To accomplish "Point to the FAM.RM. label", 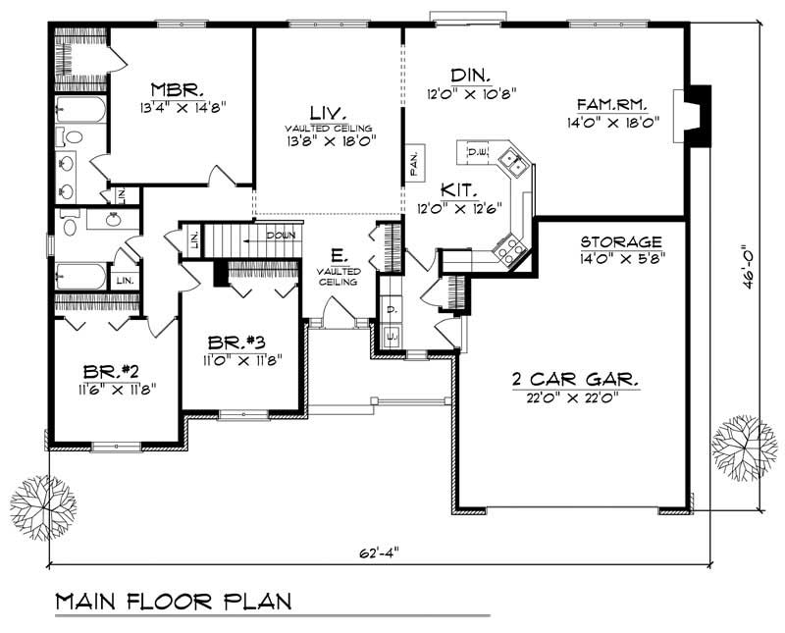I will tap(614, 101).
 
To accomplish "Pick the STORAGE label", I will tap(620, 241).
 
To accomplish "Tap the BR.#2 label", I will tap(103, 372).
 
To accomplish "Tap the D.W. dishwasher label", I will tap(478, 152).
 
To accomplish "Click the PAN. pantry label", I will tap(414, 163).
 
